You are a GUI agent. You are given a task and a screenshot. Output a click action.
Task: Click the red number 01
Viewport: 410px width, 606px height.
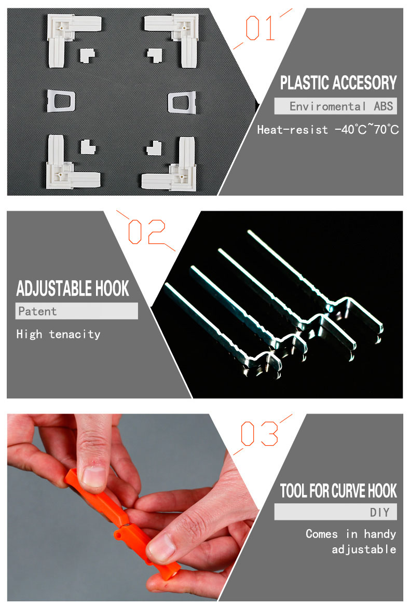pyautogui.click(x=260, y=28)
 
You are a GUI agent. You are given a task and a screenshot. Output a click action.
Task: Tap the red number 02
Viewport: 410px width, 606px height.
pyautogui.click(x=147, y=231)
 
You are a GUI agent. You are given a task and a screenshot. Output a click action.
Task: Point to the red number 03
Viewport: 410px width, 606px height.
pyautogui.click(x=259, y=433)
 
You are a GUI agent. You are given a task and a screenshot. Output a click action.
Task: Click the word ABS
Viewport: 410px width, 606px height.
pyautogui.click(x=384, y=106)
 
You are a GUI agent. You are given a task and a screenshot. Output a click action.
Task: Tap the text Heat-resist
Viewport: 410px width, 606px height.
pyautogui.click(x=293, y=130)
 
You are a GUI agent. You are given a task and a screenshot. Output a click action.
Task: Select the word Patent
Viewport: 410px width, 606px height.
pyautogui.click(x=37, y=311)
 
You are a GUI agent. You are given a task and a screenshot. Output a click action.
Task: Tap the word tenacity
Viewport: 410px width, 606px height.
pyautogui.click(x=75, y=334)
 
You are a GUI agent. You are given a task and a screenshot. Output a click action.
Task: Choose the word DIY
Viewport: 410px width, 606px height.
pyautogui.click(x=380, y=513)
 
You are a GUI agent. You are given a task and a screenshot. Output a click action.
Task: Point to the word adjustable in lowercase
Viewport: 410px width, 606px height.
pyautogui.click(x=364, y=549)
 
